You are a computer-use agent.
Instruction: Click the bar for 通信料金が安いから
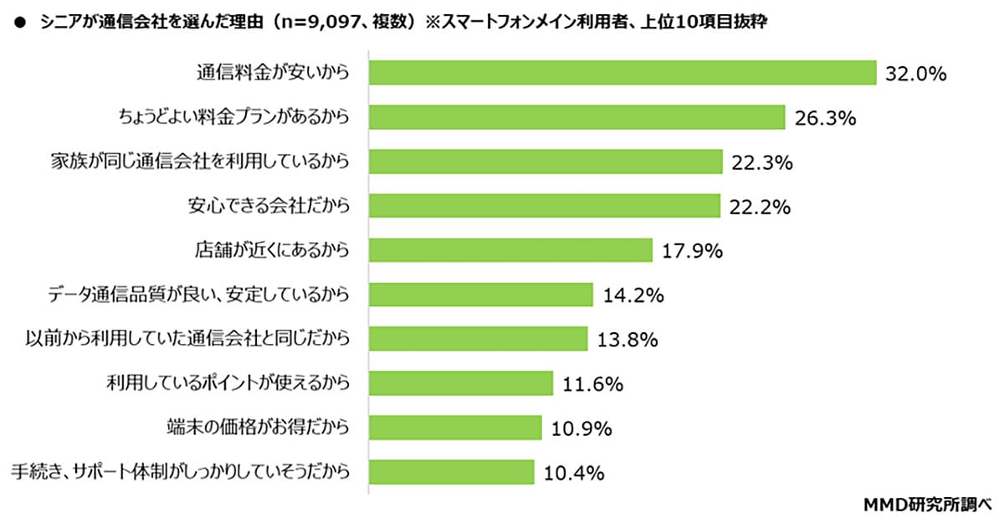[x=622, y=73]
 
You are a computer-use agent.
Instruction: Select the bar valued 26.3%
[x=576, y=117]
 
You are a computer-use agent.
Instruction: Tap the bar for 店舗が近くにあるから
[x=510, y=249]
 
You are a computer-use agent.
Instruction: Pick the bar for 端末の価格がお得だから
[x=455, y=428]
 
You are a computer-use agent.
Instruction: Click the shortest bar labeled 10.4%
[x=451, y=472]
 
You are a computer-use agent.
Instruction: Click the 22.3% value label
[x=761, y=162]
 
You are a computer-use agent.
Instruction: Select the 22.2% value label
[x=760, y=207]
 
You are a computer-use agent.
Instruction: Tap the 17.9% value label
[x=692, y=250]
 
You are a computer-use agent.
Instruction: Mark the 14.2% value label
[x=633, y=295]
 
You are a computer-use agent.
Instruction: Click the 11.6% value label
[x=593, y=384]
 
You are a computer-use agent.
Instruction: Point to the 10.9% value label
[x=581, y=428]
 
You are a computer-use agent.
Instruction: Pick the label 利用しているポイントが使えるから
[x=226, y=383]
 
